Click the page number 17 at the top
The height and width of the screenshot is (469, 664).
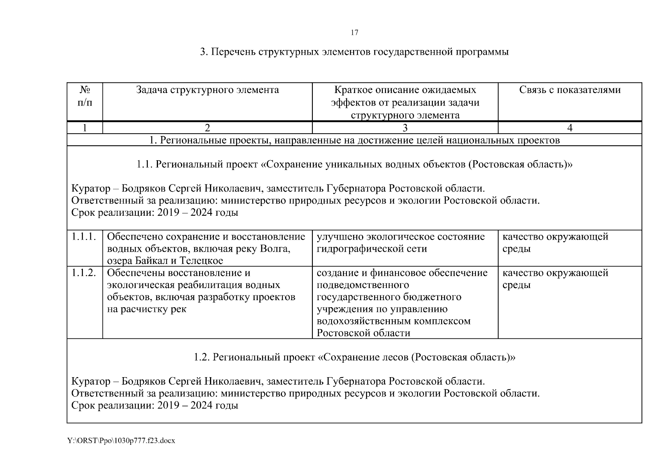click(x=354, y=32)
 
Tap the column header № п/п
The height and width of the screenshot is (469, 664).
click(x=85, y=96)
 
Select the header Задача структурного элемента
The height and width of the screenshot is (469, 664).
click(x=207, y=90)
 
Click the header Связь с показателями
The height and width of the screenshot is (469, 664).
click(x=570, y=90)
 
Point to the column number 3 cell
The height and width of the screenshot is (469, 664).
click(x=405, y=128)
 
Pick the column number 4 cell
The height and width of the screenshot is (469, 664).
click(x=570, y=128)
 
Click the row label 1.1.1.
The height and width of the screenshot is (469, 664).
click(x=84, y=237)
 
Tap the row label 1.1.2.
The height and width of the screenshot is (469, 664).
click(x=84, y=273)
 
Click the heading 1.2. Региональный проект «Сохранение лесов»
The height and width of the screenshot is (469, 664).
click(x=354, y=357)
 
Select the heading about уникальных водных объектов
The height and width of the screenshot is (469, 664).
click(x=354, y=165)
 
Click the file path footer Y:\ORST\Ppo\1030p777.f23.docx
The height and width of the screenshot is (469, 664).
click(x=121, y=441)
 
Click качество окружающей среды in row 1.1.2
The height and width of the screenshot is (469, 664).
click(x=555, y=279)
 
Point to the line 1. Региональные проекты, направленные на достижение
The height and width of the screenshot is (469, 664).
click(x=354, y=140)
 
